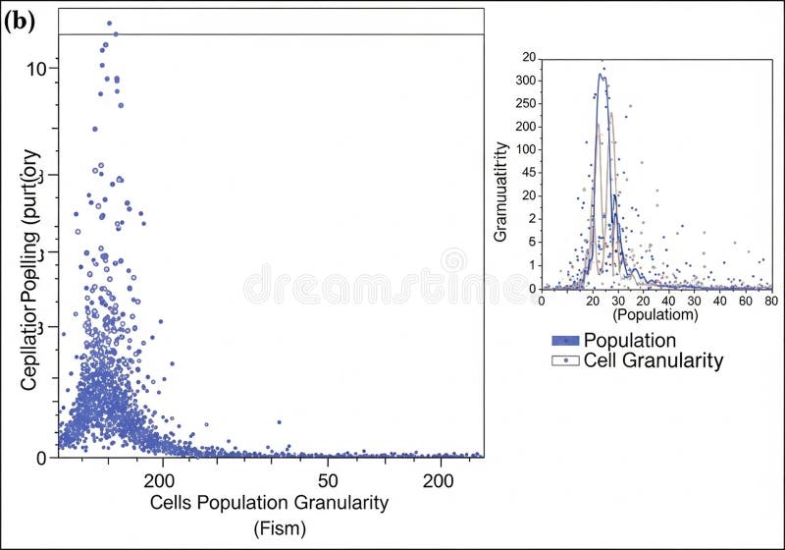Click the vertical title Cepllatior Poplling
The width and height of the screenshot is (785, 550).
[29, 270]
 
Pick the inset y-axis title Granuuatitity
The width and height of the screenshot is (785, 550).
[500, 192]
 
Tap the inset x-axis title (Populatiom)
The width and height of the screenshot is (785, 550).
[654, 316]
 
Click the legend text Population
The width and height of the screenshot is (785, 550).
[629, 341]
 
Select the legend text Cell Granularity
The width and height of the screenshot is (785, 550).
[653, 361]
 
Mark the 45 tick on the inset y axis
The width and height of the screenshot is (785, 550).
[528, 172]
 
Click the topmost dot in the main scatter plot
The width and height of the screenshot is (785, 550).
[109, 23]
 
